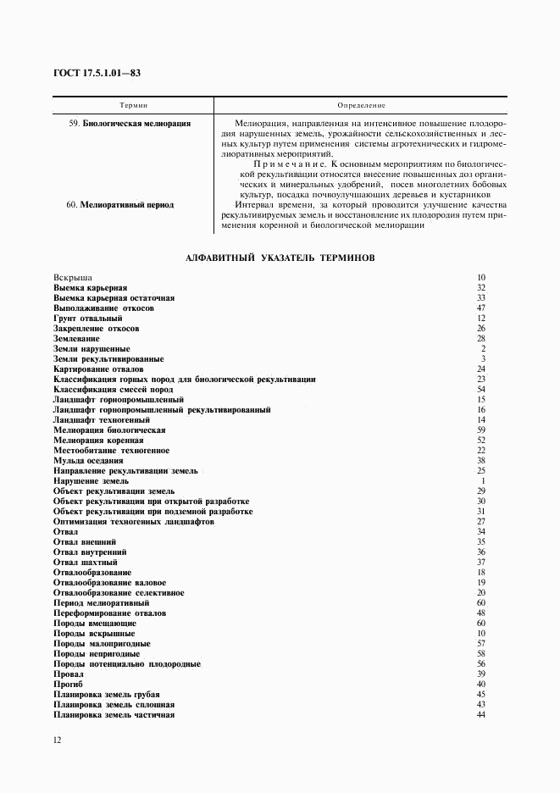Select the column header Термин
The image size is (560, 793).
point(134,106)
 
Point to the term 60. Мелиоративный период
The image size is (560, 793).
point(120,204)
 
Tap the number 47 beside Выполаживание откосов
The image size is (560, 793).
point(480,308)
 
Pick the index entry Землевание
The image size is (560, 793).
point(75,339)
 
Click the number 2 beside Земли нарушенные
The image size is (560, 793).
point(482,349)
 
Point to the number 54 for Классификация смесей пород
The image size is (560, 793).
point(480,390)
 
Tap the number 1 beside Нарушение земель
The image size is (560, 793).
point(482,481)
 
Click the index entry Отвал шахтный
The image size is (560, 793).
point(85,563)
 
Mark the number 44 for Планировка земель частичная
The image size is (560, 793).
point(480,715)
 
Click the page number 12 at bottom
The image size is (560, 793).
point(57,740)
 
